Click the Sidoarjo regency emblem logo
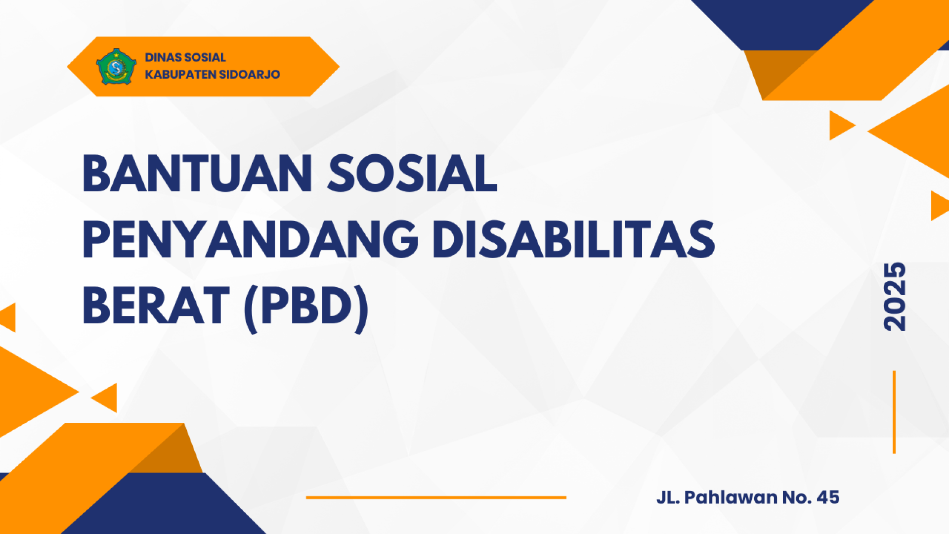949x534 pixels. [x=116, y=66]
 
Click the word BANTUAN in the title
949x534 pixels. [x=197, y=174]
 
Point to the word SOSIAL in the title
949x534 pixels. [x=412, y=174]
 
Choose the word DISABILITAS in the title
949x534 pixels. [x=574, y=240]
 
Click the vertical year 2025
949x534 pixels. [x=894, y=297]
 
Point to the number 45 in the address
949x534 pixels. [x=828, y=497]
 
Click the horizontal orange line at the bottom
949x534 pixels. [x=436, y=497]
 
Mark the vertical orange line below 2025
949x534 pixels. [x=894, y=412]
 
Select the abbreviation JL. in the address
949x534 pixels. [x=668, y=497]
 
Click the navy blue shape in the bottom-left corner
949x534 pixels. [x=163, y=504]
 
